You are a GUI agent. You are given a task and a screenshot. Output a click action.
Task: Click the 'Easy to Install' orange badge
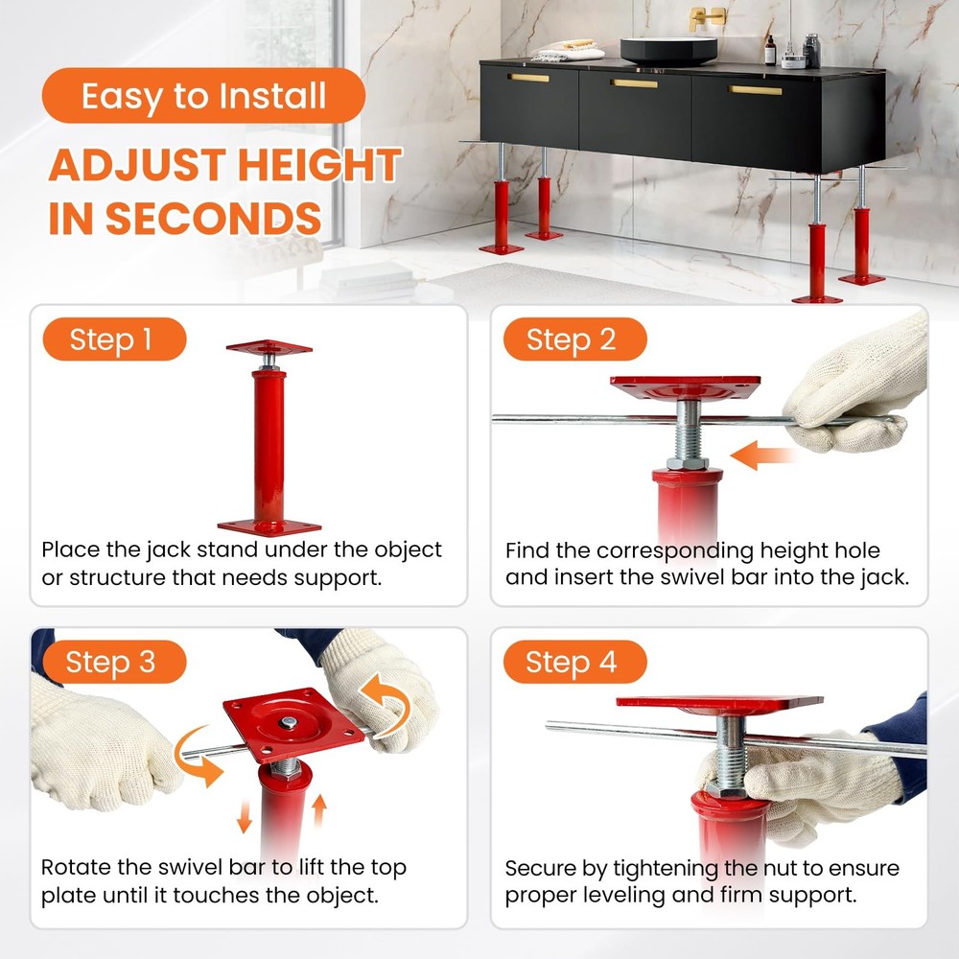tap(203, 96)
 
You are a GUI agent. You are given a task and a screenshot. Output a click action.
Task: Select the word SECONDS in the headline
tap(214, 218)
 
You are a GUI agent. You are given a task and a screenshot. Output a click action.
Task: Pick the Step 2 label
tap(572, 339)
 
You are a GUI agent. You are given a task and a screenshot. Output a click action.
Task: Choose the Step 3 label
tap(111, 663)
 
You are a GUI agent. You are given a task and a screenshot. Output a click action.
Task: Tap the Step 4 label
tap(572, 663)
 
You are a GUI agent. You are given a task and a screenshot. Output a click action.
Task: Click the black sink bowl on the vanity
tap(668, 50)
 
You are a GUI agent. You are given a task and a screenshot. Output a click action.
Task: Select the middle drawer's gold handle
tap(635, 83)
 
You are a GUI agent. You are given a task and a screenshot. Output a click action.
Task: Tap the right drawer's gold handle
tap(756, 91)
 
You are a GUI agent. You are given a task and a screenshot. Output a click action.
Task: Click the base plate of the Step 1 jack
tap(269, 525)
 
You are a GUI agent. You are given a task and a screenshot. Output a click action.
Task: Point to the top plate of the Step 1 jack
tap(269, 348)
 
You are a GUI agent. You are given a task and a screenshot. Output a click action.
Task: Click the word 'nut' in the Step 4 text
tap(744, 869)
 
